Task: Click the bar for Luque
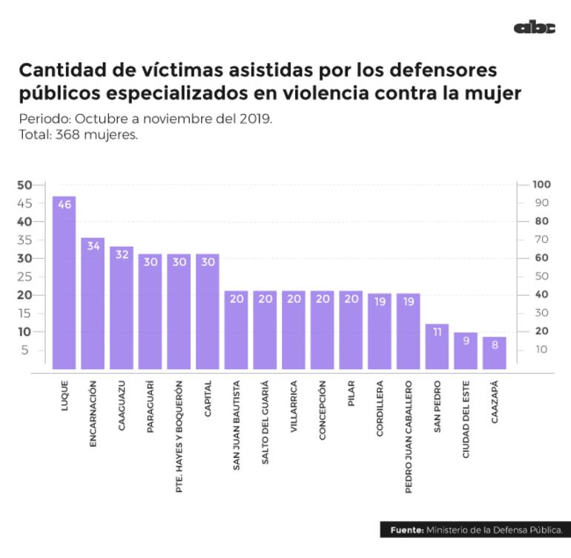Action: click(64, 282)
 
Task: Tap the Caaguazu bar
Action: click(122, 307)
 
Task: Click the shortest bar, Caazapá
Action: click(495, 352)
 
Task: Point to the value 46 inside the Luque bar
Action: click(64, 205)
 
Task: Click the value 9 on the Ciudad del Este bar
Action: click(466, 342)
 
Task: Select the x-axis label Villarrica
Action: click(294, 411)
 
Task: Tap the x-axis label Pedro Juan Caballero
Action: click(409, 437)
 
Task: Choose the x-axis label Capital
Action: click(208, 401)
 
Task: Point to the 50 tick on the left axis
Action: click(24, 185)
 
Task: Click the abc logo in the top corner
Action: click(534, 28)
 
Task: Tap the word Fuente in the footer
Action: click(407, 530)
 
